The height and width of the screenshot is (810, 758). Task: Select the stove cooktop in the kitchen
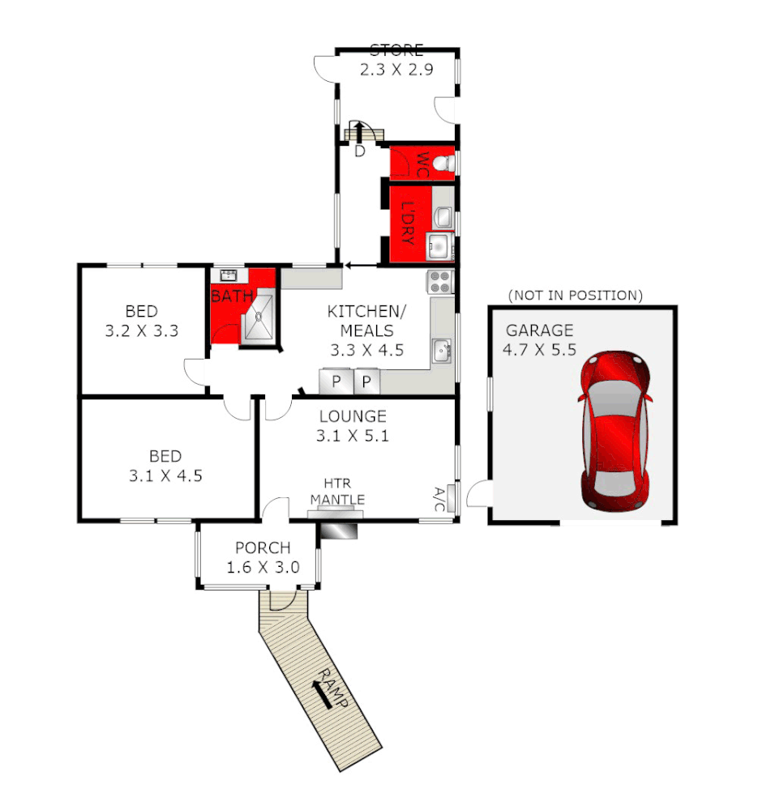point(440,282)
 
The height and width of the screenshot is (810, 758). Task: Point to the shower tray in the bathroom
point(261,319)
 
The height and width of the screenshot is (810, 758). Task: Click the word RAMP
point(332,688)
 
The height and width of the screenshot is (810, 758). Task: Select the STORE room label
point(396,50)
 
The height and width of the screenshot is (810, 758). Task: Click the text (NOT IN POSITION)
point(575,295)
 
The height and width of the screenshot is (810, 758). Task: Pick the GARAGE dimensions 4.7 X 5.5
point(542,352)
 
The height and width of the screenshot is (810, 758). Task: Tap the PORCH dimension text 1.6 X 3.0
point(263,567)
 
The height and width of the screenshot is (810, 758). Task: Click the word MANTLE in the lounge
point(336,499)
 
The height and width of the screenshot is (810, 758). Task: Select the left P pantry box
point(334,381)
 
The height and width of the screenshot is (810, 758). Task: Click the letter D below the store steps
point(360,151)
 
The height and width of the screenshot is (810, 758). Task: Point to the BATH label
point(232,296)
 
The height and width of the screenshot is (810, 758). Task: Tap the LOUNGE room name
point(352,416)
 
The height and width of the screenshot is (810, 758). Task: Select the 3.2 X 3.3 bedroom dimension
point(141,330)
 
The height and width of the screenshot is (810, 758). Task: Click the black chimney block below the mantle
point(338,530)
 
